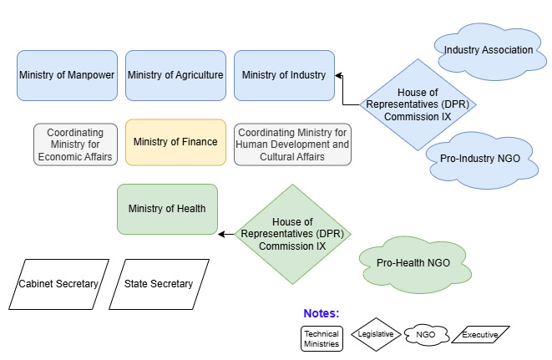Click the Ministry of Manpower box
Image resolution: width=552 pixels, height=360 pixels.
point(67,75)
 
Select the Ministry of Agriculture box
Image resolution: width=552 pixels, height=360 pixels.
point(175,75)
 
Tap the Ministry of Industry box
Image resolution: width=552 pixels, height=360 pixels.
point(284,75)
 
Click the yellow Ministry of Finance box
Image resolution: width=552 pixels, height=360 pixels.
point(175,142)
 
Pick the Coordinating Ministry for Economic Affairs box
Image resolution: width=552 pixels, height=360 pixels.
point(75,145)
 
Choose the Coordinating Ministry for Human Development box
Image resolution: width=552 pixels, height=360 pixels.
point(292,145)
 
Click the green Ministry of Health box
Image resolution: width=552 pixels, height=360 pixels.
point(167,209)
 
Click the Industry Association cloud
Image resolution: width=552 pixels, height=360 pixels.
point(488,52)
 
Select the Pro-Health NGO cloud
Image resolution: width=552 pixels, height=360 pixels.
point(413,262)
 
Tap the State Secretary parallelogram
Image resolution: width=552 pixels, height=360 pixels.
point(159,284)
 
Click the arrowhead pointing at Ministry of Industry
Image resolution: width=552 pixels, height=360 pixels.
point(339,75)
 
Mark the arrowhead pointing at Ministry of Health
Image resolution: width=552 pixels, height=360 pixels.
point(222,233)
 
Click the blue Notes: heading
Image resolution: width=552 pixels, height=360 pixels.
point(321,313)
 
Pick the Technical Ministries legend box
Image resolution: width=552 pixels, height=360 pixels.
point(322,338)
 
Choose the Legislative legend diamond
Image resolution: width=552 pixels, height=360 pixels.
point(372,335)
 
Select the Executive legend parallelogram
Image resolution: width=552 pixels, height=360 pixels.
point(480,335)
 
